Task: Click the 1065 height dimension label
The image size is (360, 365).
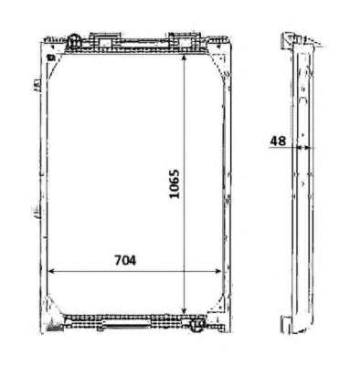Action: click(175, 183)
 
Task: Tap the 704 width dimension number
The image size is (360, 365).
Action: click(125, 260)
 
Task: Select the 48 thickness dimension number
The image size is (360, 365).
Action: click(278, 141)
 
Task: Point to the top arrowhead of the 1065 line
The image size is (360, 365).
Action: click(184, 58)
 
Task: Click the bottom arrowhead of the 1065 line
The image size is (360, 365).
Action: click(184, 310)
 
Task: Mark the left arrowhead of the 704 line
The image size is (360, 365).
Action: click(52, 271)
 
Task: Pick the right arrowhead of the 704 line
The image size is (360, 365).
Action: click(217, 271)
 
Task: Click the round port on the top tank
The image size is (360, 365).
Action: click(74, 42)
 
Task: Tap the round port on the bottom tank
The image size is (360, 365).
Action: click(198, 325)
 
